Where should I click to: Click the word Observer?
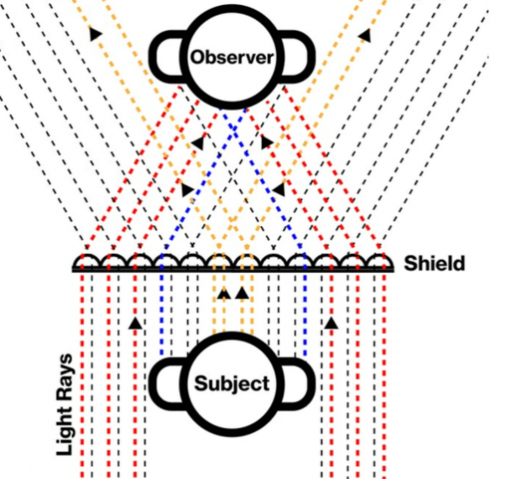[231, 59]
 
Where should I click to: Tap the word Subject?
[231, 383]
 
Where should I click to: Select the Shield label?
[433, 263]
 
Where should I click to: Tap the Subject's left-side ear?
[165, 383]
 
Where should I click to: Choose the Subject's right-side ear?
[298, 383]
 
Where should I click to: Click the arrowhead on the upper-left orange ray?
[93, 34]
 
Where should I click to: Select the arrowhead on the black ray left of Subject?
[135, 323]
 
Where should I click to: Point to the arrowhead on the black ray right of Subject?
[331, 323]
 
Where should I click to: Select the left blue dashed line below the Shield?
[163, 313]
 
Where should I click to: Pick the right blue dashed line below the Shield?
[306, 313]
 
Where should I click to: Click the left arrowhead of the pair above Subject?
[224, 293]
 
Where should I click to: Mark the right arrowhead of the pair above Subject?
[242, 293]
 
